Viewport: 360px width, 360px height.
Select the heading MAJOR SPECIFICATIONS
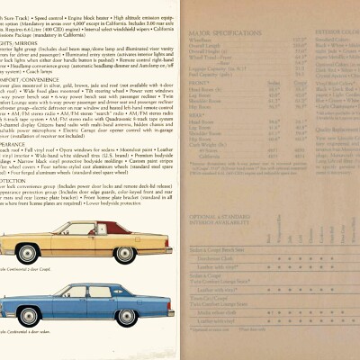click(x=215, y=35)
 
